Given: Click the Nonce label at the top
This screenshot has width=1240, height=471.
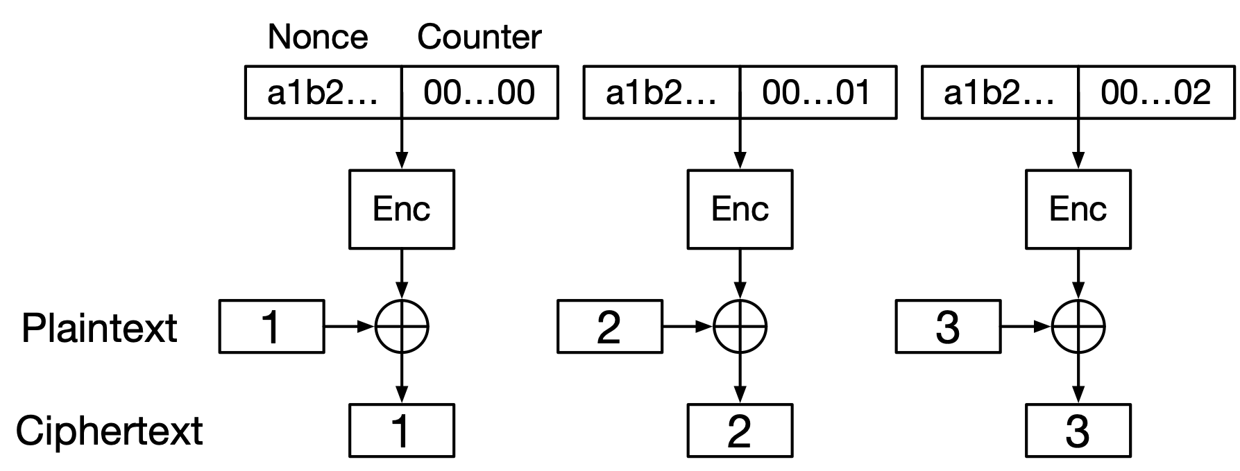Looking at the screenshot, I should click(318, 37).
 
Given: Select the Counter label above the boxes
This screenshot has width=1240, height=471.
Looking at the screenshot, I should click(479, 37).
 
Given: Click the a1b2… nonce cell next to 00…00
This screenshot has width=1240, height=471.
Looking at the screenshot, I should click(323, 92).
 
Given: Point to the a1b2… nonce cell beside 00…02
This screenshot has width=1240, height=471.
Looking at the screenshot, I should click(1000, 92).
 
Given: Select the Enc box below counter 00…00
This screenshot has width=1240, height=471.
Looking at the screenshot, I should click(402, 209).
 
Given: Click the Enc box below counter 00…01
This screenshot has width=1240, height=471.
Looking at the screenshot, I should click(740, 209).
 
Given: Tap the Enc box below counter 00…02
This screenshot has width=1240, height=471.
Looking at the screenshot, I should click(1078, 209).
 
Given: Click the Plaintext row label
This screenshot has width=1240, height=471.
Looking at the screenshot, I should click(99, 327).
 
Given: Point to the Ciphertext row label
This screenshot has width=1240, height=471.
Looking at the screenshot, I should click(109, 431).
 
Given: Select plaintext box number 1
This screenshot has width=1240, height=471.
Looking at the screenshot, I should click(271, 327).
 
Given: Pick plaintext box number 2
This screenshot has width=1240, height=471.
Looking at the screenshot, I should click(609, 327).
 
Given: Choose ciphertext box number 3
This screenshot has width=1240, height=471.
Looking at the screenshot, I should click(1078, 431).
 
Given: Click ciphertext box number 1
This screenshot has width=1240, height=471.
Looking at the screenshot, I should click(402, 431).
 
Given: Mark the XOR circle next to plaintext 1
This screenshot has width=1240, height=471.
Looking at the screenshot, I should click(402, 326).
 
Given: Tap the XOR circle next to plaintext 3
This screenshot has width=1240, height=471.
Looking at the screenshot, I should click(1078, 326).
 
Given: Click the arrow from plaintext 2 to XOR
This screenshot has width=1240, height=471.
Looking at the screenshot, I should click(688, 326).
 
